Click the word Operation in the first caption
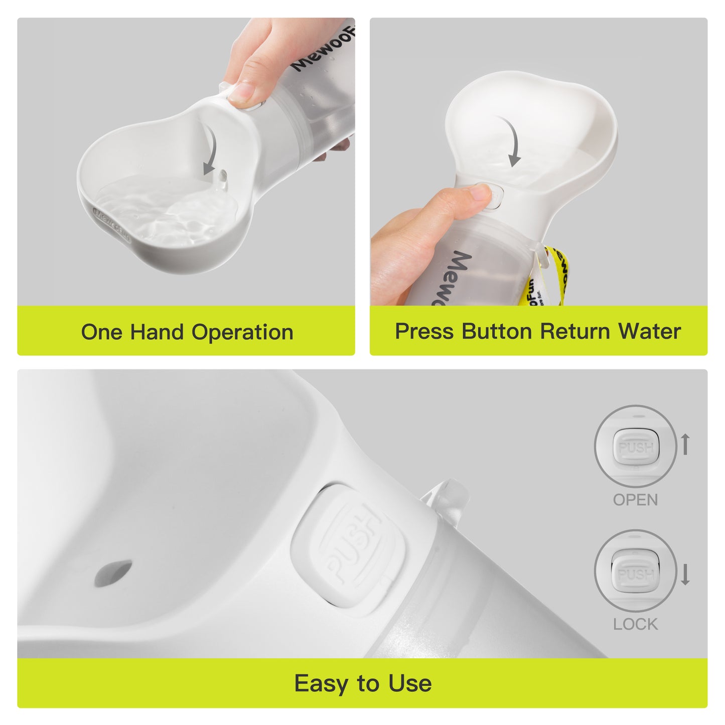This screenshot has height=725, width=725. point(242,332)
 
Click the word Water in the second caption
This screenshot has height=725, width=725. point(649,331)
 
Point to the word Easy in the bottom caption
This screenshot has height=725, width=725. point(322,683)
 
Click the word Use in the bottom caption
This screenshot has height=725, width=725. point(410,683)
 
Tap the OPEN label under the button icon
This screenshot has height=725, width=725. point(635,500)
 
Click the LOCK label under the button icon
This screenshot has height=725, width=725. point(635,624)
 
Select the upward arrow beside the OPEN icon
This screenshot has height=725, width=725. point(685,445)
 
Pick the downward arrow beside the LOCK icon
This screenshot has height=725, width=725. point(685,574)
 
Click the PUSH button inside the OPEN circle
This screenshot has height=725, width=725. point(636,447)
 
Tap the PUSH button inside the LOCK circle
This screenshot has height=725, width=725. point(636,574)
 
